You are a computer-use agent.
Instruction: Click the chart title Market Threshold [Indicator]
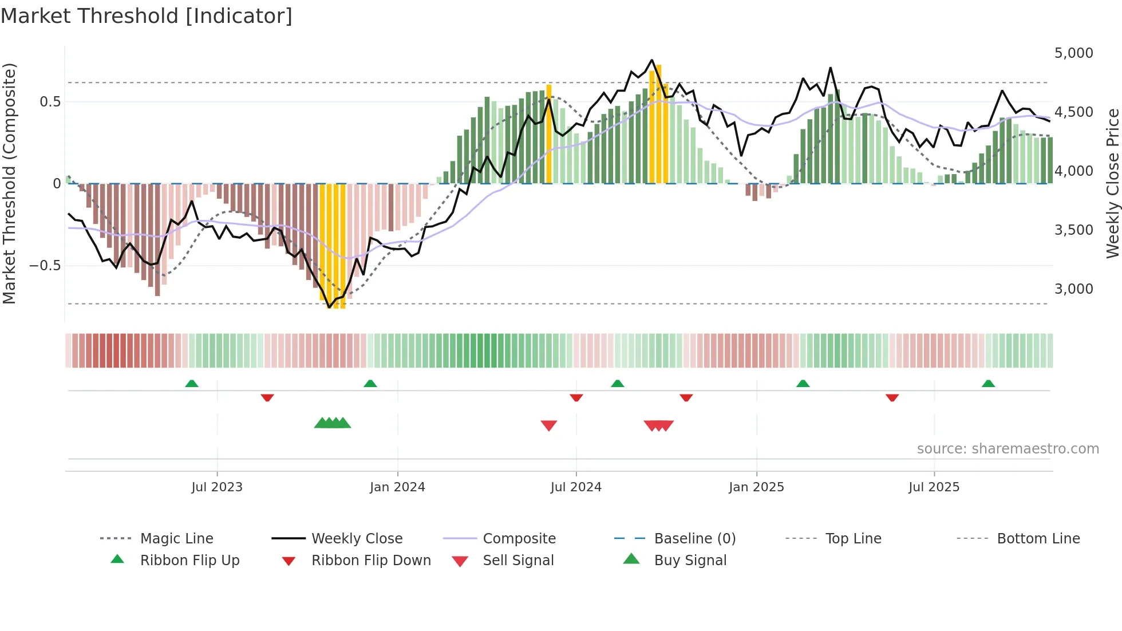tap(147, 16)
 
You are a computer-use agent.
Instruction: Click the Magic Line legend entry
tap(176, 538)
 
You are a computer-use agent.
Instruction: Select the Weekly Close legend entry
tap(357, 538)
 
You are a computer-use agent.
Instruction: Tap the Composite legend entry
tap(519, 538)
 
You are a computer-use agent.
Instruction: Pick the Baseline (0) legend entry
tap(694, 538)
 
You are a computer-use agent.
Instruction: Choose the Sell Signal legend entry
tap(517, 561)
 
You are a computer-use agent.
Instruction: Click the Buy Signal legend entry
tap(690, 561)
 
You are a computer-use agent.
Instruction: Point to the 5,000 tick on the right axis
tap(1073, 53)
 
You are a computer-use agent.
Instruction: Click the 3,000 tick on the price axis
tap(1073, 289)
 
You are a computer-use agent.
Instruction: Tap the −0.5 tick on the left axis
tap(45, 266)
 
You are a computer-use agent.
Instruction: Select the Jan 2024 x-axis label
tap(397, 487)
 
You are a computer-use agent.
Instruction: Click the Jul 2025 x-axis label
tap(934, 487)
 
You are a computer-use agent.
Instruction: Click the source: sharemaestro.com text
tap(1008, 449)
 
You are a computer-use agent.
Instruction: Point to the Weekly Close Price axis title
tap(1112, 183)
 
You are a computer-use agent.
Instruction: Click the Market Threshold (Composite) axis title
tap(9, 183)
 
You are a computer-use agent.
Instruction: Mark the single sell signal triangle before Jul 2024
tap(549, 425)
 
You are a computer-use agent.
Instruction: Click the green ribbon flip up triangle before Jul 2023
tap(192, 384)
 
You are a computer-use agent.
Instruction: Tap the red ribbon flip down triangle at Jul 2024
tap(576, 397)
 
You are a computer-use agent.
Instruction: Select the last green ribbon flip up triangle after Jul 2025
tap(988, 384)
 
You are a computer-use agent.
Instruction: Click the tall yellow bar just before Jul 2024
tap(549, 135)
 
